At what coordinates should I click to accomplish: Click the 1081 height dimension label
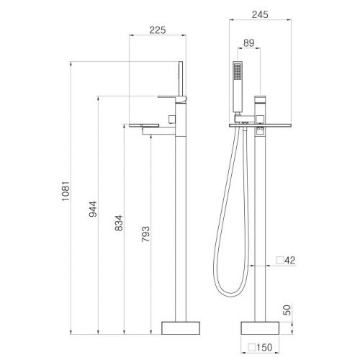66,191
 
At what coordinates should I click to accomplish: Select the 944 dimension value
93,209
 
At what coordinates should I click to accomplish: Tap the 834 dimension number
119,223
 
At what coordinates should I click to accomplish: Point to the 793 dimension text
145,234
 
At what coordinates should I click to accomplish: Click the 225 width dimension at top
158,30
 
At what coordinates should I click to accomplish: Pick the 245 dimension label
260,14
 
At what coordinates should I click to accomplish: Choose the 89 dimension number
248,43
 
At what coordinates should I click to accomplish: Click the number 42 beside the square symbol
290,261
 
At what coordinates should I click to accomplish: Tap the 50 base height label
287,310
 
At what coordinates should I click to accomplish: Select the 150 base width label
264,347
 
